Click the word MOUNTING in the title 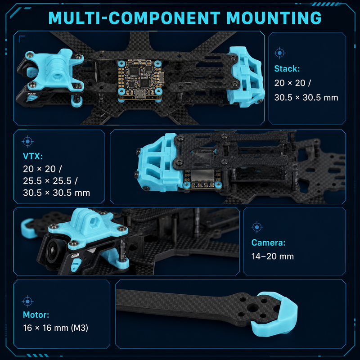pos(274,18)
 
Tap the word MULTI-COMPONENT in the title pos(134,18)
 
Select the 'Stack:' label pos(287,69)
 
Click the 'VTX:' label pos(33,156)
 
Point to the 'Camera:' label pos(268,243)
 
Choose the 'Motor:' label pos(36,315)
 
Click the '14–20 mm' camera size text pos(273,256)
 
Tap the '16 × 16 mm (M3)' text pos(55,328)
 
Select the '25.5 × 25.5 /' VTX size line pos(50,181)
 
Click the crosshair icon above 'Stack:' pos(279,53)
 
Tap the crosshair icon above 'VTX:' pos(28,141)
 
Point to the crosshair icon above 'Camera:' pos(257,227)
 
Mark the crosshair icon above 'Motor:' pos(28,301)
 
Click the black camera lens pos(54,251)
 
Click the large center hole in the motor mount pos(252,307)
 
